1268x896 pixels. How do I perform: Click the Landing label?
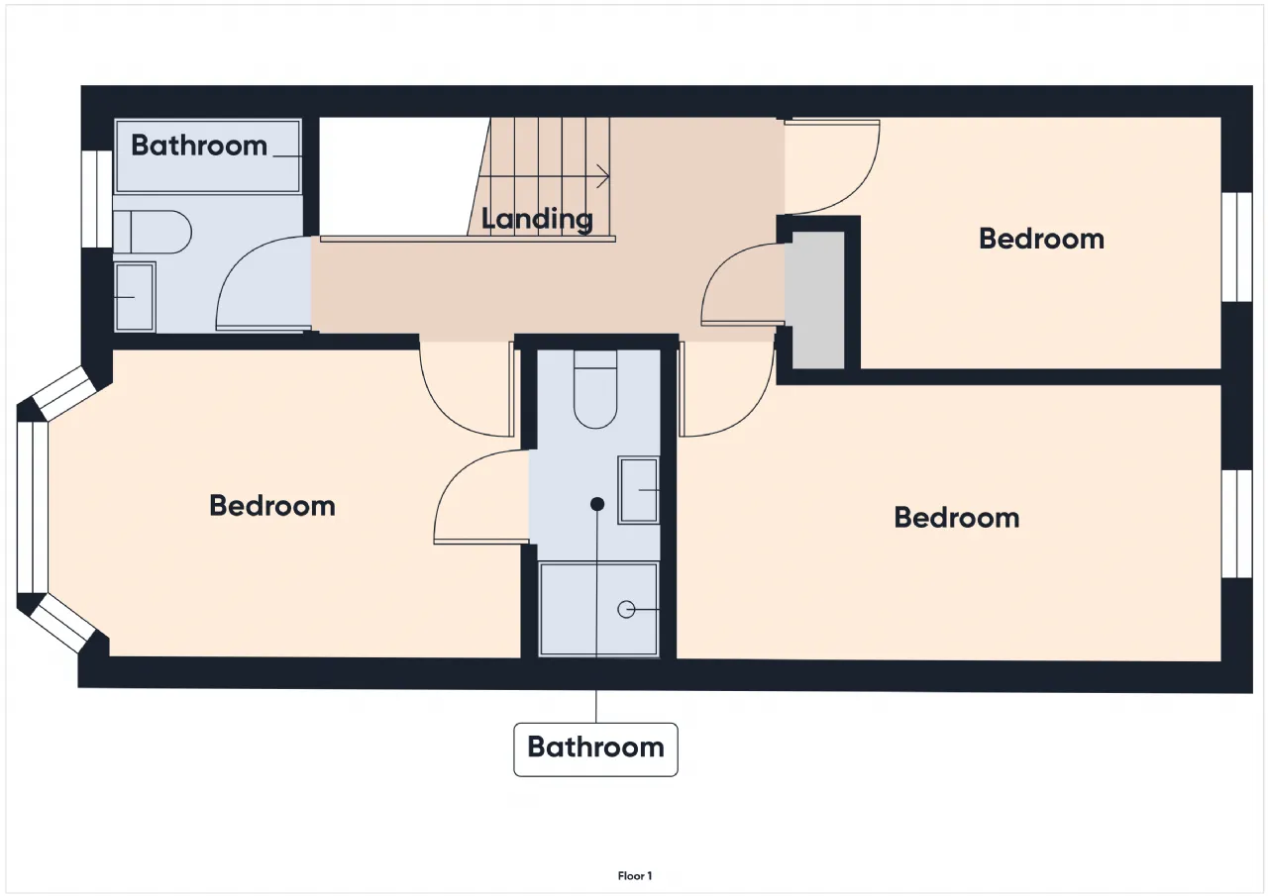[x=537, y=219]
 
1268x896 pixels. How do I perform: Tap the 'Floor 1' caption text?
[x=635, y=876]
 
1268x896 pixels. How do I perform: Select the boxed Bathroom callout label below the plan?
[x=595, y=748]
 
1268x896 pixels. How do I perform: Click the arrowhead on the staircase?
[x=604, y=176]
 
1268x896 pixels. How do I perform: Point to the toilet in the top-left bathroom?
[x=152, y=232]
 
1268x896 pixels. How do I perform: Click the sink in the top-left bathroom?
[x=135, y=296]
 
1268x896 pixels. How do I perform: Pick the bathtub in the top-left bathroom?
[x=208, y=156]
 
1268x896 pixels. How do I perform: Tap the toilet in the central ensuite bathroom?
[x=595, y=389]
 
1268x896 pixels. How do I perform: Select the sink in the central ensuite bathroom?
[x=639, y=490]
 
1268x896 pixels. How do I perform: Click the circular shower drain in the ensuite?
[x=626, y=609]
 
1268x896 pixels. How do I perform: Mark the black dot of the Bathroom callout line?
[x=596, y=504]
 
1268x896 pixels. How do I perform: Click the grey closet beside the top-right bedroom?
[x=818, y=300]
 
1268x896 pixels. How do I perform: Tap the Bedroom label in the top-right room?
[x=1041, y=239]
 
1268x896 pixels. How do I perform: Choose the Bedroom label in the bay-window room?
[x=272, y=506]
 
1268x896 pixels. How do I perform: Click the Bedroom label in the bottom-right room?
[x=957, y=518]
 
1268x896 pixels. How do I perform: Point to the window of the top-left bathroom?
[x=97, y=199]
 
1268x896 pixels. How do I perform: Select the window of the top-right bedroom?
[x=1237, y=247]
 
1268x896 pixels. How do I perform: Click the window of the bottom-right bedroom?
[x=1237, y=524]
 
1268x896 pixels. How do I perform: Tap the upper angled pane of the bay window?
[x=63, y=393]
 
